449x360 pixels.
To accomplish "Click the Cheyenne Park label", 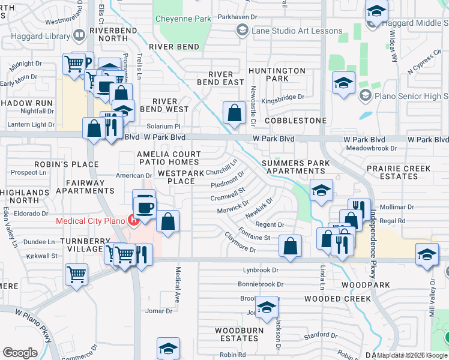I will [183, 19].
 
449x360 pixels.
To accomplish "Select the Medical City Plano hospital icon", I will [134, 220].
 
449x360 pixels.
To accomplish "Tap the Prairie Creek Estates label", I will [400, 172].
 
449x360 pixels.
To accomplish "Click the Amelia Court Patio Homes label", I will [168, 158].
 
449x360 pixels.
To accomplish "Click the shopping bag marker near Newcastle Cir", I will [234, 113].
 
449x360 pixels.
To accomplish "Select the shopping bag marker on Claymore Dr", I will [291, 246].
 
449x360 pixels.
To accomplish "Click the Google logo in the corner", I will [20, 353].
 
